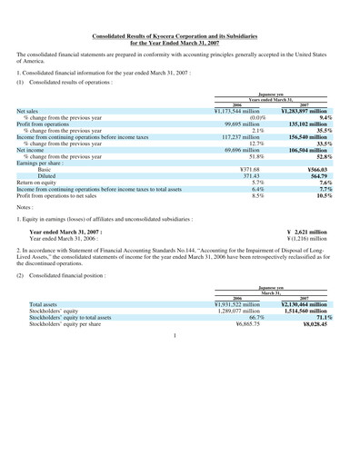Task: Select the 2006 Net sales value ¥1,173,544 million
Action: pos(242,110)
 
